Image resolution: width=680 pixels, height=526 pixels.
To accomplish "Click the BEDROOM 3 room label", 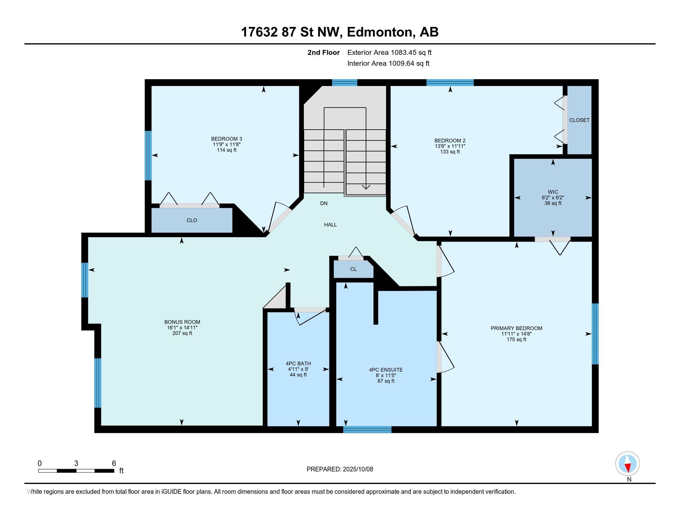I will click(226, 139).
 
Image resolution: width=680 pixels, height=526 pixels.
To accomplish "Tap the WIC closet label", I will click(553, 192).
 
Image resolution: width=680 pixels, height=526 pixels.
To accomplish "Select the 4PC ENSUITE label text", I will click(386, 370).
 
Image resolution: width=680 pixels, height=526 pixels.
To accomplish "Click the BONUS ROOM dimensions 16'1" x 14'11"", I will click(182, 328).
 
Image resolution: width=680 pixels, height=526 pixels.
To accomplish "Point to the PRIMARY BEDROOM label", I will click(516, 328).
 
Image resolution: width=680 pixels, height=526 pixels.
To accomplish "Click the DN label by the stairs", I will click(324, 204).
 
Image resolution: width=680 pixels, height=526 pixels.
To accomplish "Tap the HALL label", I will click(330, 225).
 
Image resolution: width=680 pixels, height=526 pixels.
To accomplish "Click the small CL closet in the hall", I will click(353, 269).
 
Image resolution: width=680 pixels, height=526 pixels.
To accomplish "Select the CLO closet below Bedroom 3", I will click(192, 220).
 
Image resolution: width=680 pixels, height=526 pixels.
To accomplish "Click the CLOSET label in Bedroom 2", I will click(579, 120).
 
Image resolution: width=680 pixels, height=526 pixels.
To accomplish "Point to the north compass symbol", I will click(627, 464).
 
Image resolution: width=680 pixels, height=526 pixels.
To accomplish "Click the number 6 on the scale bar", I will click(114, 463).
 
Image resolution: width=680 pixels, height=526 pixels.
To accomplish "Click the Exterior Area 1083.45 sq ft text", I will click(389, 53).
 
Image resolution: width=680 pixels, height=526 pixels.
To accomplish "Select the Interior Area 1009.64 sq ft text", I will click(388, 63).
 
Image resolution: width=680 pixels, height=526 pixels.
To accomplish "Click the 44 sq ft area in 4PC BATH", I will click(298, 375).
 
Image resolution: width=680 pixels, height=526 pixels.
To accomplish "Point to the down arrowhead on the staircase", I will click(366, 187).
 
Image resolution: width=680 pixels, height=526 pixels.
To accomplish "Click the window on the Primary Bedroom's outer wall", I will click(595, 334).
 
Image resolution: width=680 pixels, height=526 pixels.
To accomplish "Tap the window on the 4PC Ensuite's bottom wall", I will click(367, 429).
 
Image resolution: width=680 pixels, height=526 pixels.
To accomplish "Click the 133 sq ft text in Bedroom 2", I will click(450, 152).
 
